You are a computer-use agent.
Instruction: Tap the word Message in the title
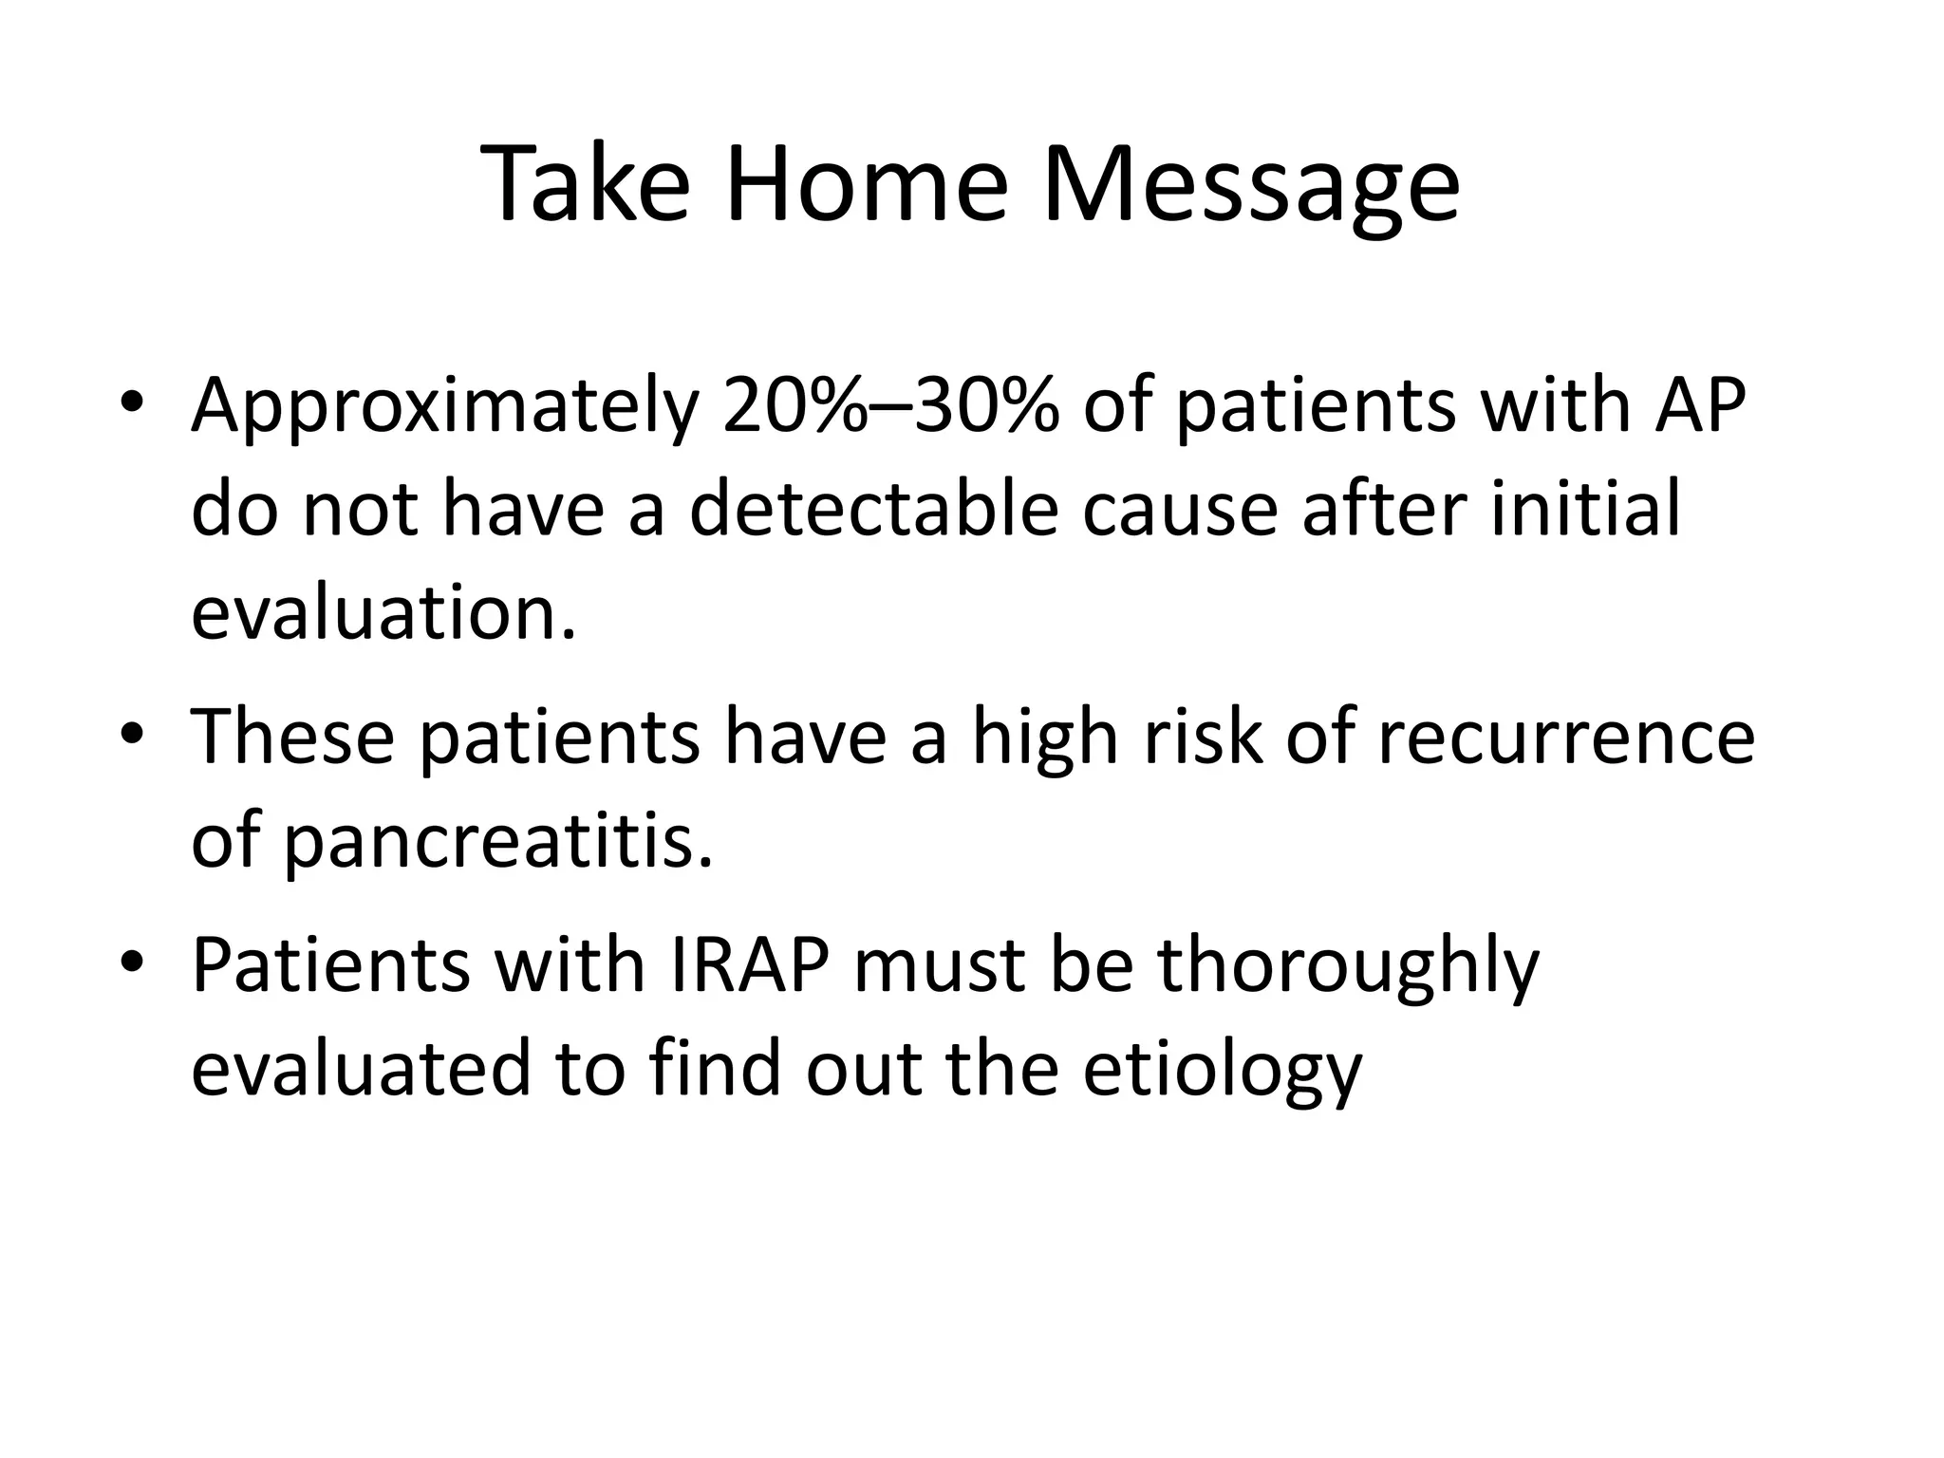(x=1250, y=187)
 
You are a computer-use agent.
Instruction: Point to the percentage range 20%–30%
(x=889, y=406)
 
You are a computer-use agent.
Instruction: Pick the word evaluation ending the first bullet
(x=383, y=613)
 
